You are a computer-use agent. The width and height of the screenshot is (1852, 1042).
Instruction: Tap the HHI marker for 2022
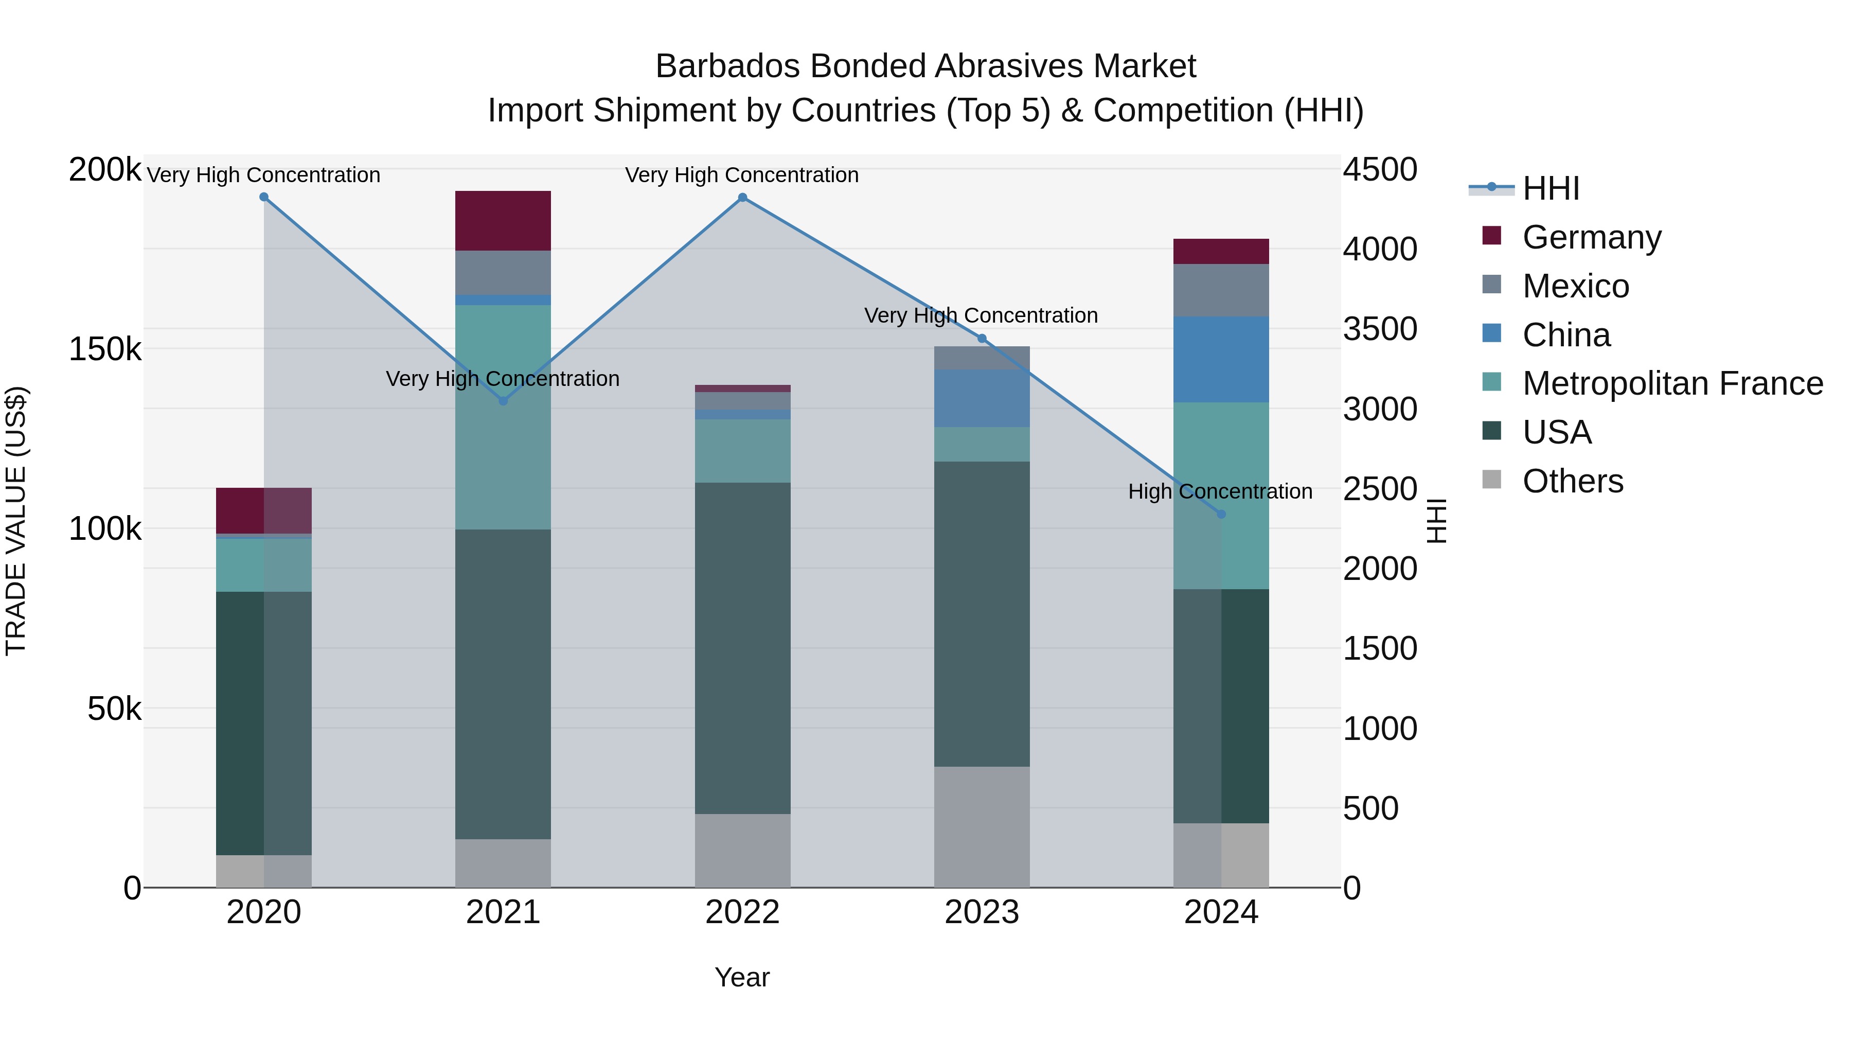[x=743, y=198]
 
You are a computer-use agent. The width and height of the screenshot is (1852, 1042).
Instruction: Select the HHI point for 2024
[x=1221, y=514]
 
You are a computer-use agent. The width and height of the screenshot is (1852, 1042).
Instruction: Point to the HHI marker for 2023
[x=982, y=339]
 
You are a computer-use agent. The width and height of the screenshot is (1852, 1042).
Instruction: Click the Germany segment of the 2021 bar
[x=503, y=221]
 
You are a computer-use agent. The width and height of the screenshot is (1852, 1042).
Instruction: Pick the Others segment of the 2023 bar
[x=982, y=826]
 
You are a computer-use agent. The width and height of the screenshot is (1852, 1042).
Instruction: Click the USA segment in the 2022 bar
[x=743, y=647]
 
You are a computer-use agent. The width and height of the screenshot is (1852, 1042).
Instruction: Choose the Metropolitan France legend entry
[x=1672, y=383]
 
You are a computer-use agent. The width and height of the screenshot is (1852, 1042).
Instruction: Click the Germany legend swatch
[x=1492, y=236]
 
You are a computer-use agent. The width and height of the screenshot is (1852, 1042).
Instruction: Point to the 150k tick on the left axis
[x=105, y=349]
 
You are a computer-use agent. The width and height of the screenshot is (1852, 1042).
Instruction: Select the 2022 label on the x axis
[x=743, y=912]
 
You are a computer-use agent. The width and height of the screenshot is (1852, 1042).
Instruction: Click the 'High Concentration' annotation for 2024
[x=1220, y=492]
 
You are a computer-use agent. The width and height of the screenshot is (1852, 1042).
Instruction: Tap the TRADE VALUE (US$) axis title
[x=16, y=521]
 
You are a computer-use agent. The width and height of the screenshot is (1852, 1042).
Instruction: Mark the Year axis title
[x=742, y=977]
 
